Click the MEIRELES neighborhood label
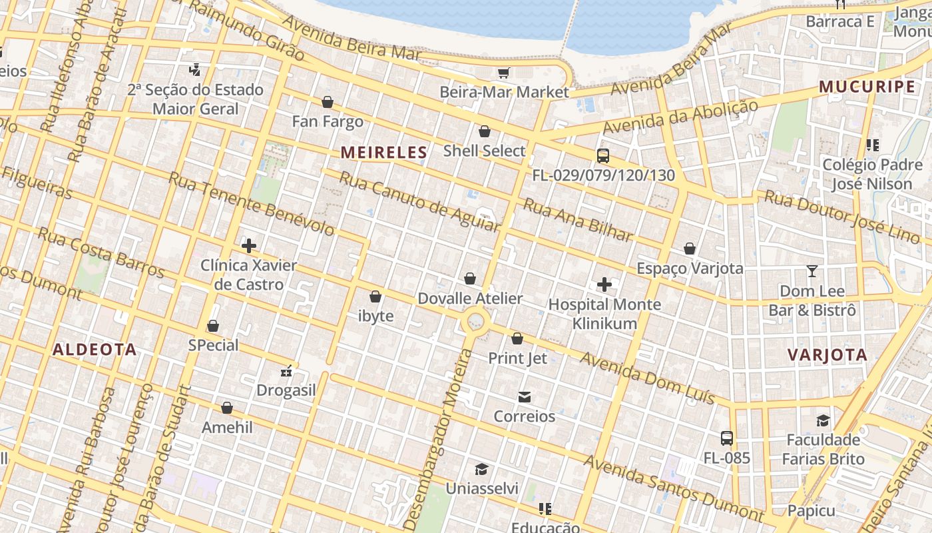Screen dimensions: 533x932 383,153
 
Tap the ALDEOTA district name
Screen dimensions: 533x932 95,350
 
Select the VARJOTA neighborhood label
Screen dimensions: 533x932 827,355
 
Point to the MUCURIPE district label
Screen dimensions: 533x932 867,87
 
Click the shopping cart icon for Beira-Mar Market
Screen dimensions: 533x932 504,73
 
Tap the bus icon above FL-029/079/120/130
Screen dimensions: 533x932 603,156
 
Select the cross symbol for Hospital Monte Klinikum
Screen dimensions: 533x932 604,285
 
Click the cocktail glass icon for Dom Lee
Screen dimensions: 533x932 812,271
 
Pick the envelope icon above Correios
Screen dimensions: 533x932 525,397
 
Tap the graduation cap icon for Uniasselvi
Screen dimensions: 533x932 481,469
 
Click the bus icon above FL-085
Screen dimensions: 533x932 727,438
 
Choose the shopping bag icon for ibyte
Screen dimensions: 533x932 375,296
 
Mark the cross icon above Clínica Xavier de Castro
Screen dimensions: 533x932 249,246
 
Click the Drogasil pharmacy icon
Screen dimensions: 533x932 287,371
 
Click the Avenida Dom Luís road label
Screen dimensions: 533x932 647,378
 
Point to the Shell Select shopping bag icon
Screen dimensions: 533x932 485,131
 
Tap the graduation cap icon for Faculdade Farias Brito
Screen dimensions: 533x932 823,420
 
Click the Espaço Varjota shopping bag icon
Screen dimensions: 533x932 690,249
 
